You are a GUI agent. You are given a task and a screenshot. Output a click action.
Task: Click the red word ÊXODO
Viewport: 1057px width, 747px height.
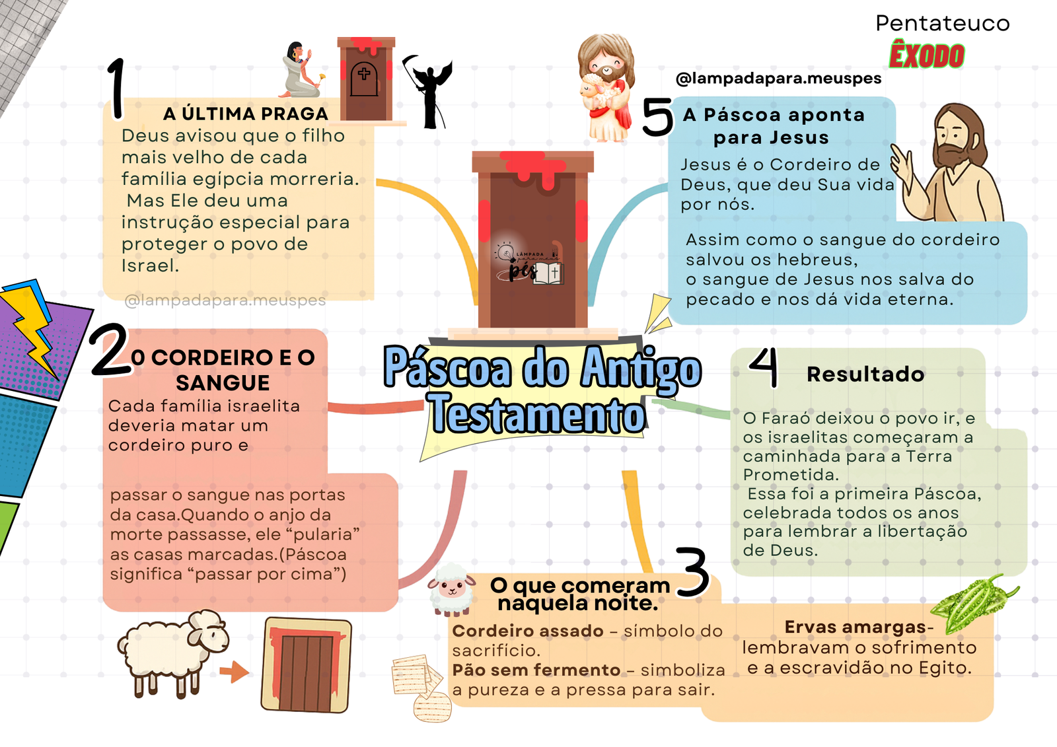(x=927, y=55)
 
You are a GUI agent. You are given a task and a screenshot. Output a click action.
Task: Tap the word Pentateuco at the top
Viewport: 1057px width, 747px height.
(x=942, y=23)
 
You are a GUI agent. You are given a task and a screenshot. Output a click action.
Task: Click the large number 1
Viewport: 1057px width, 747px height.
(x=116, y=89)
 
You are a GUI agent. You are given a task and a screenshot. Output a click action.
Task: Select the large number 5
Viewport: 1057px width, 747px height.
(x=657, y=116)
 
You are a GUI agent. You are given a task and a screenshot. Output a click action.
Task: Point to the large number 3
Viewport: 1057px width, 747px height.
(x=693, y=571)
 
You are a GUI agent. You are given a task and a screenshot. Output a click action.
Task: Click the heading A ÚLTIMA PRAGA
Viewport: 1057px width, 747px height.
(x=246, y=114)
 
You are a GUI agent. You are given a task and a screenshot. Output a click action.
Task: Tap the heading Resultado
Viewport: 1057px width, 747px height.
(x=865, y=374)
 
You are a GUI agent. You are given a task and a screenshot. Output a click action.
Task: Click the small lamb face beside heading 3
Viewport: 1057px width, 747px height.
(x=452, y=590)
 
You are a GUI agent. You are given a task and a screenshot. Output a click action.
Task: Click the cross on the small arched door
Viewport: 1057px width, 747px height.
(x=364, y=73)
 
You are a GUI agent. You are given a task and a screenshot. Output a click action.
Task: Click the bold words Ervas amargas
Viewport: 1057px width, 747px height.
(x=855, y=627)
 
